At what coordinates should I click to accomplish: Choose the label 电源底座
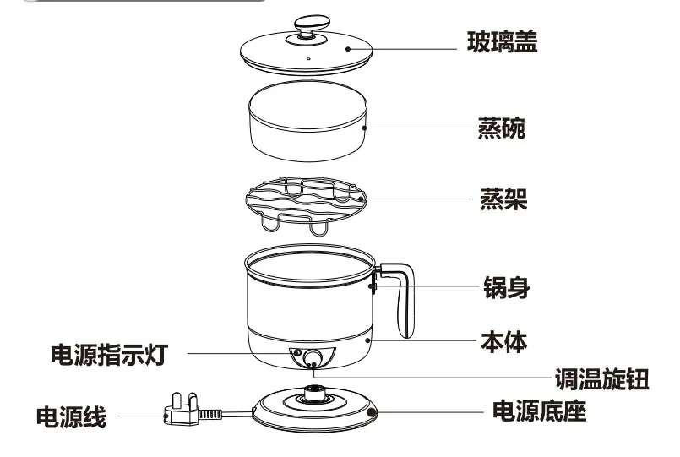tap(540, 412)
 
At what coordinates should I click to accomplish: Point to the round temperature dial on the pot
tap(313, 358)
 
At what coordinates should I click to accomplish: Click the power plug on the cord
tap(182, 413)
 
